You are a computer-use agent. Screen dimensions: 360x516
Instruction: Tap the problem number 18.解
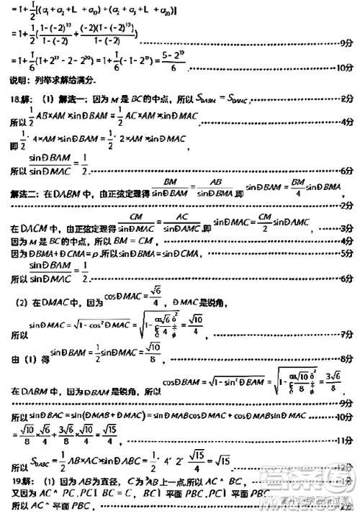(x=22, y=96)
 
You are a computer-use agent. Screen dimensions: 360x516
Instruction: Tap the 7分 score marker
(x=344, y=332)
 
